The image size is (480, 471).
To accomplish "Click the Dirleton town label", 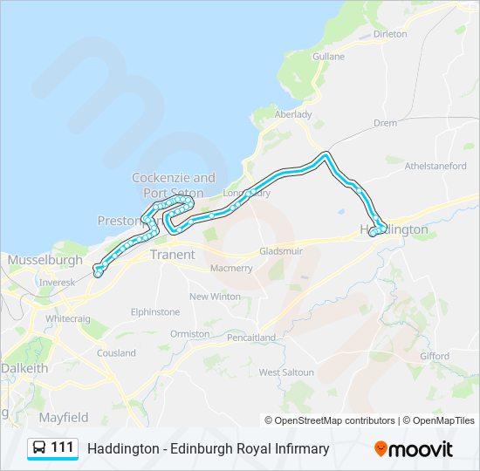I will tap(389, 34).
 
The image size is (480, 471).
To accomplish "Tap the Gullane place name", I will tap(328, 57).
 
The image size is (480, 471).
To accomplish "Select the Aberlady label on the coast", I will tap(293, 114).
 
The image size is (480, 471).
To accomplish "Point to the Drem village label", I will tap(385, 124).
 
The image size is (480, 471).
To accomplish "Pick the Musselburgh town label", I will tap(45, 260).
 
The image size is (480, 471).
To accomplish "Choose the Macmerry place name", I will tap(231, 269).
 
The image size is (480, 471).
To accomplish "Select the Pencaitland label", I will tap(250, 338).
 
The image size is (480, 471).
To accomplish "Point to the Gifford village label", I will tap(435, 356).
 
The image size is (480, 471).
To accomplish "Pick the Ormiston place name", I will tap(189, 334).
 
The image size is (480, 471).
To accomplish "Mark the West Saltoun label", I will tap(285, 372).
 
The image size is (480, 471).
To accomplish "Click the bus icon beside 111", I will tap(40, 448).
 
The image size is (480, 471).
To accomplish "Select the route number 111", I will tap(62, 448).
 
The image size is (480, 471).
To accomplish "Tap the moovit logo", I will tap(414, 449).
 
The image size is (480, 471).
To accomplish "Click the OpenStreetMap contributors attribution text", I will tap(334, 420).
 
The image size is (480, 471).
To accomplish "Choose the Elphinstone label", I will tap(155, 312).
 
